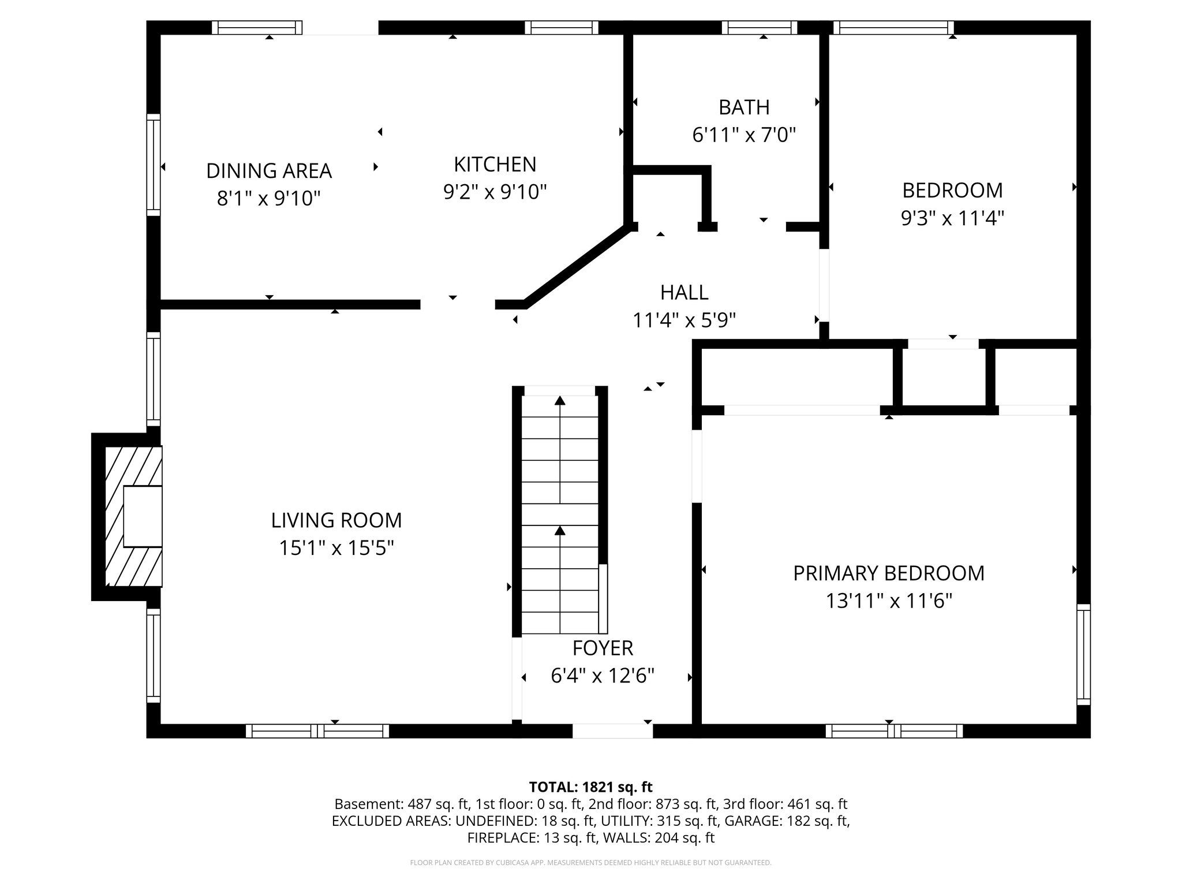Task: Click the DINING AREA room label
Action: (x=269, y=171)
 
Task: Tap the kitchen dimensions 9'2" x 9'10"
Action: (x=495, y=192)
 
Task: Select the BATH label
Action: (x=744, y=107)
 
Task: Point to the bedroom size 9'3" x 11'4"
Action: (x=952, y=218)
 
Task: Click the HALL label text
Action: (x=684, y=293)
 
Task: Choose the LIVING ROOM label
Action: (x=336, y=520)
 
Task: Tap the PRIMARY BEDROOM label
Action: (x=888, y=573)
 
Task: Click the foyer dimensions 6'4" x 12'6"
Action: (x=603, y=676)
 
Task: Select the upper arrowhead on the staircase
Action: (x=560, y=401)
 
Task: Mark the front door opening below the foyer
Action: (x=612, y=731)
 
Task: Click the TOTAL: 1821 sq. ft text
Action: (x=590, y=787)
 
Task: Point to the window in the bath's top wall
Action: (x=759, y=27)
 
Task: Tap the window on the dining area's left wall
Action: (x=153, y=165)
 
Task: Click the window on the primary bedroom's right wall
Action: (x=1084, y=654)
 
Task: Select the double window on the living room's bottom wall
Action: (x=317, y=731)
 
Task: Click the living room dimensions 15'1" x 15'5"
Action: (x=336, y=548)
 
